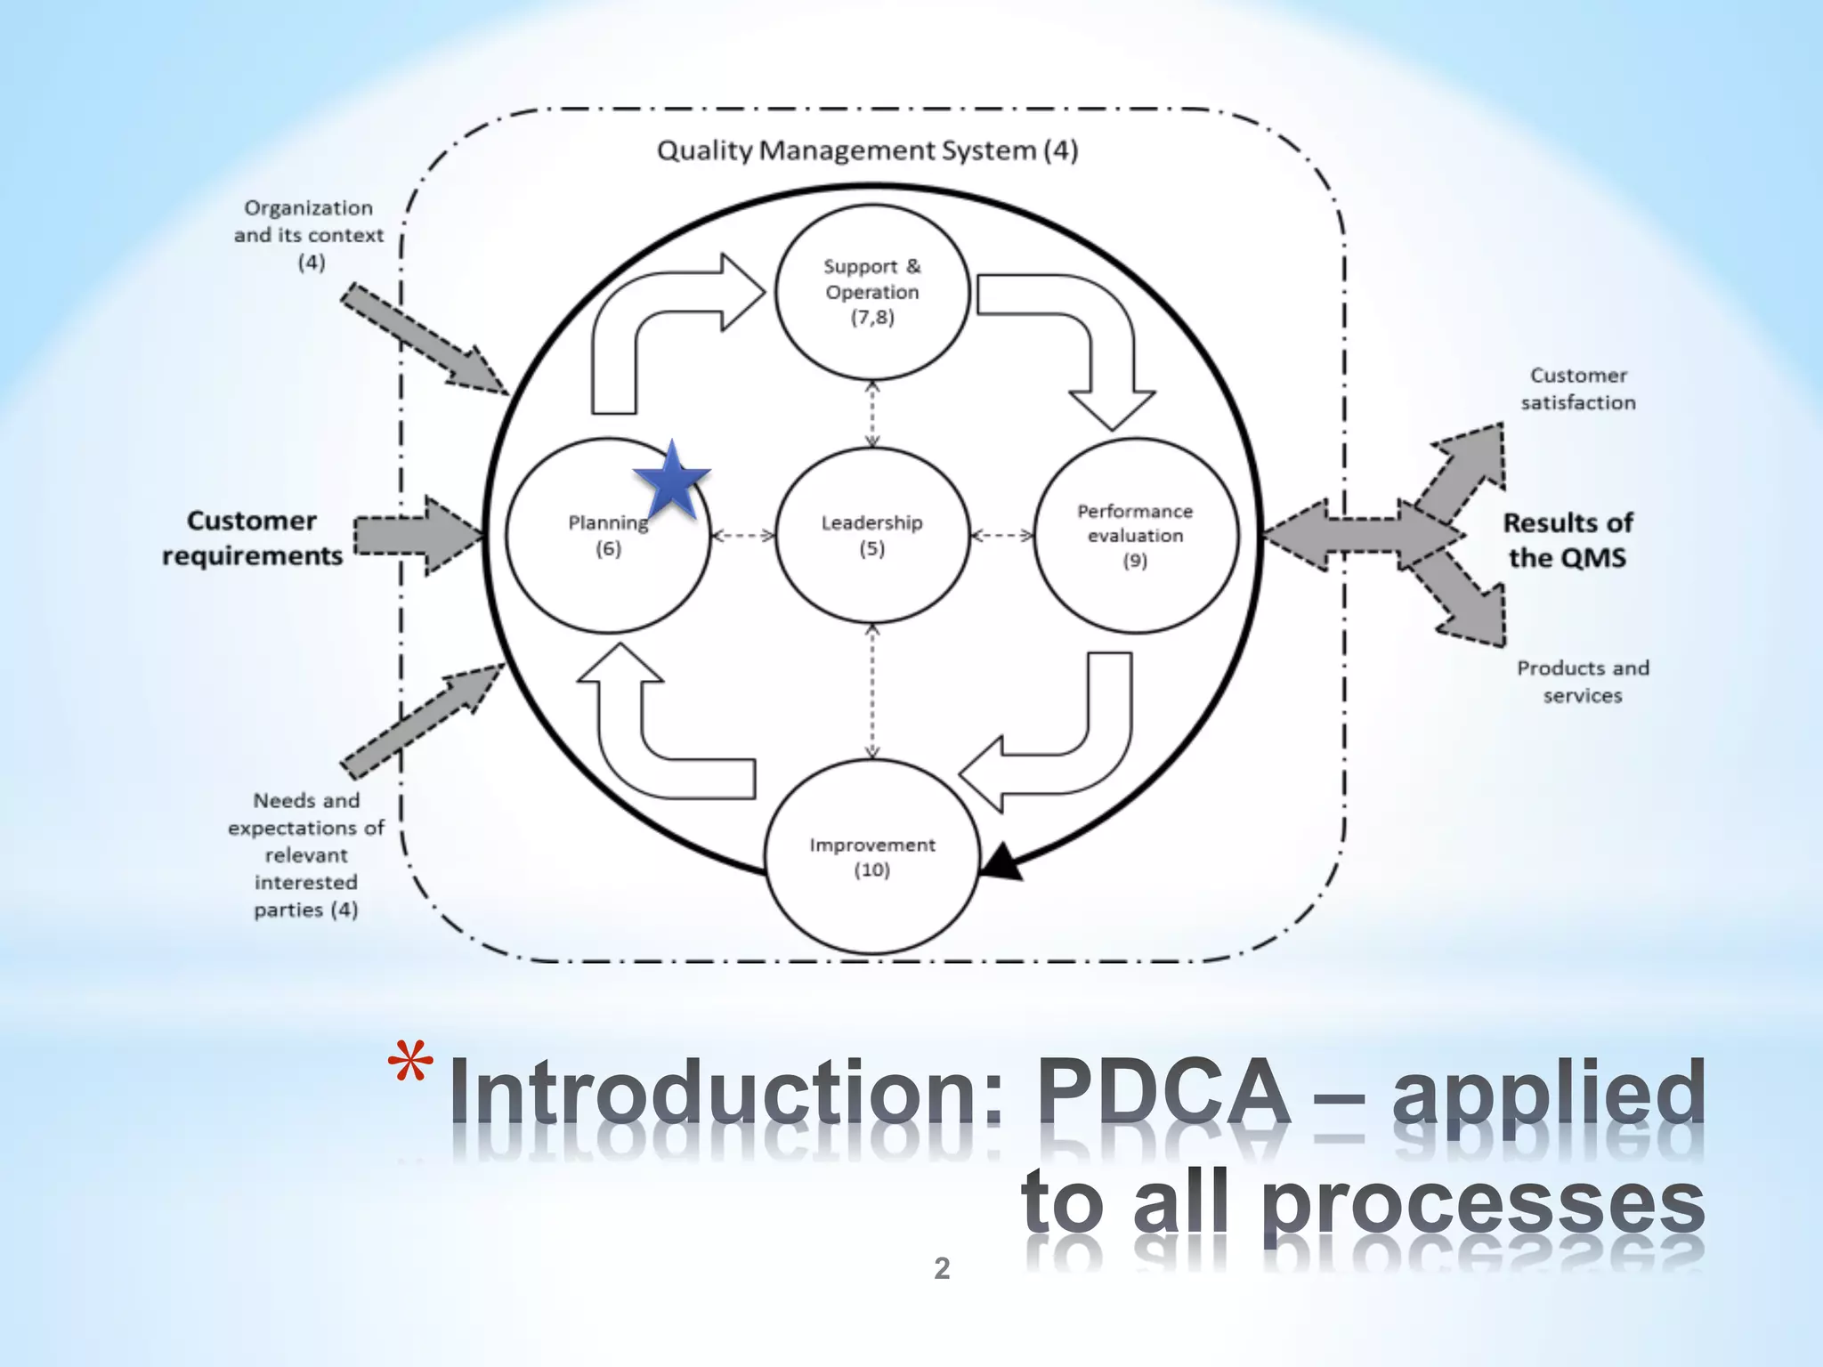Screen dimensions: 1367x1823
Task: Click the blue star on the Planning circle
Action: coord(672,483)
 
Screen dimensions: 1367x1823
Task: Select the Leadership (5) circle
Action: coord(871,535)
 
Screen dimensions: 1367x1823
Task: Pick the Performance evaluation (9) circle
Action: coord(1135,535)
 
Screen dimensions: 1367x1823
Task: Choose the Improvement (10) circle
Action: coord(871,857)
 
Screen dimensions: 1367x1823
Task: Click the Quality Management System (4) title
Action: coord(867,150)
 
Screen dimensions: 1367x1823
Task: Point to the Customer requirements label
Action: coord(252,538)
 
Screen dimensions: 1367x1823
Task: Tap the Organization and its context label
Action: coord(308,234)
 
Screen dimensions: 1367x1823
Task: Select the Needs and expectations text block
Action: coord(305,854)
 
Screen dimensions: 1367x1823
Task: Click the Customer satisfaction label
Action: coord(1577,389)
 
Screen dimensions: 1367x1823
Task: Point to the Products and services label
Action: coord(1582,681)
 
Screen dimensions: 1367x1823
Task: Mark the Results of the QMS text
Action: coord(1568,539)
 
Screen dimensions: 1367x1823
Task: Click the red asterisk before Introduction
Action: coord(410,1061)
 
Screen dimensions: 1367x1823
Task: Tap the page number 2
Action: coord(942,1268)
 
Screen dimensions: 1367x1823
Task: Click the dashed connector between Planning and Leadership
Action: coord(743,536)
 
